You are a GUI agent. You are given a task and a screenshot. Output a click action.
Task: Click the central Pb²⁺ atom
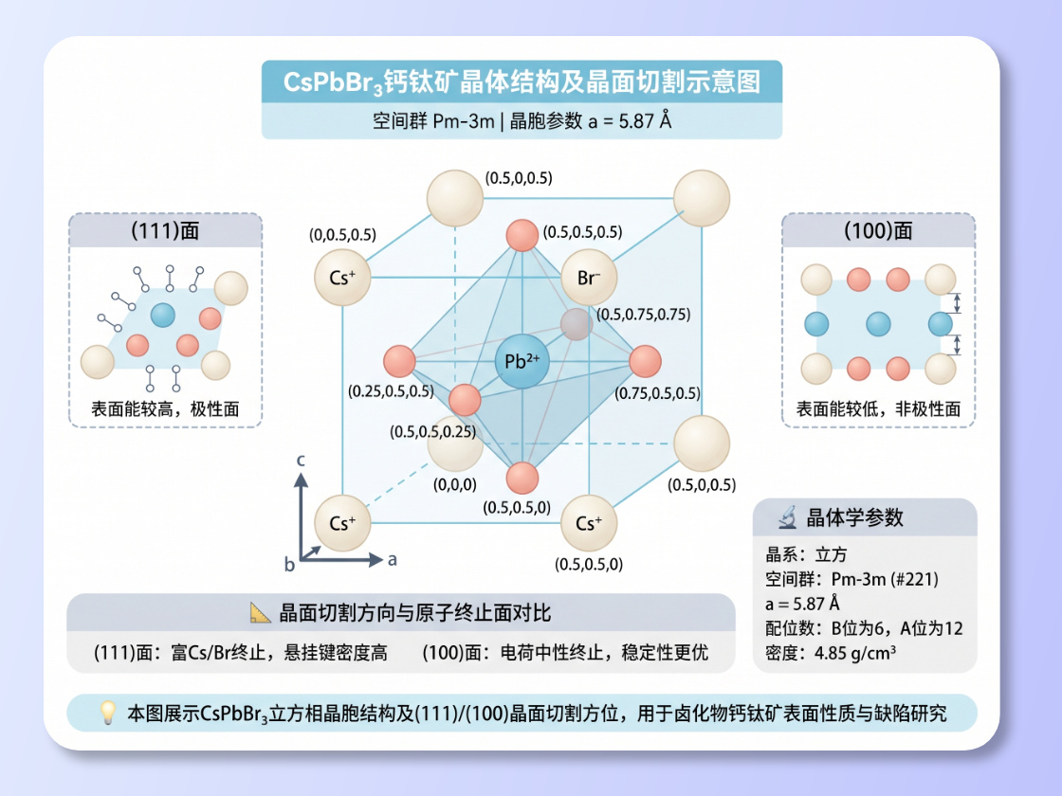point(522,361)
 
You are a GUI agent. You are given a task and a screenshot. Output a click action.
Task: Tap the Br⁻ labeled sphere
point(589,278)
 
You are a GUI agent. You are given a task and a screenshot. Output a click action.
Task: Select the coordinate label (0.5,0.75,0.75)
point(644,315)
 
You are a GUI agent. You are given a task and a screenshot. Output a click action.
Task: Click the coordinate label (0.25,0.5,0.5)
point(391,391)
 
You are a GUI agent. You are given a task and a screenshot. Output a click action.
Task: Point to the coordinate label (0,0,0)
point(455,484)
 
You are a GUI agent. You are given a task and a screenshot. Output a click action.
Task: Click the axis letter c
point(301,461)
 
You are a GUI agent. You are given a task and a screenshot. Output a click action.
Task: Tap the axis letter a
point(393,560)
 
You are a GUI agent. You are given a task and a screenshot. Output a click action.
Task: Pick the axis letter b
point(289,565)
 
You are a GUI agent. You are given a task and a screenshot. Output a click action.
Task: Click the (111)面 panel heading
point(165,231)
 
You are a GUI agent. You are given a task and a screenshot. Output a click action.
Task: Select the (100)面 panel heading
point(878,231)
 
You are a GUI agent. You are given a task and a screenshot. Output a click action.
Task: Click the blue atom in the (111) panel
point(162,315)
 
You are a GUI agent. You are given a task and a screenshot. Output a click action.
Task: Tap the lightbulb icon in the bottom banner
point(108,712)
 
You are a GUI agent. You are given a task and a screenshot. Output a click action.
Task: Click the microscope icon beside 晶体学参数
point(787,517)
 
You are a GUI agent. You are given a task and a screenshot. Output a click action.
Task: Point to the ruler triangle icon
point(260,612)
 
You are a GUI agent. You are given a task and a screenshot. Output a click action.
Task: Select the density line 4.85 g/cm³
point(831,653)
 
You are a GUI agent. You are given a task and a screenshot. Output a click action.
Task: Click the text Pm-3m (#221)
point(885,579)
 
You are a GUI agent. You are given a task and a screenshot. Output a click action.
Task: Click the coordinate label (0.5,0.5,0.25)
point(432,432)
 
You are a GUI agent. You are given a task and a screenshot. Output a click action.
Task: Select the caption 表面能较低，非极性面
point(878,408)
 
